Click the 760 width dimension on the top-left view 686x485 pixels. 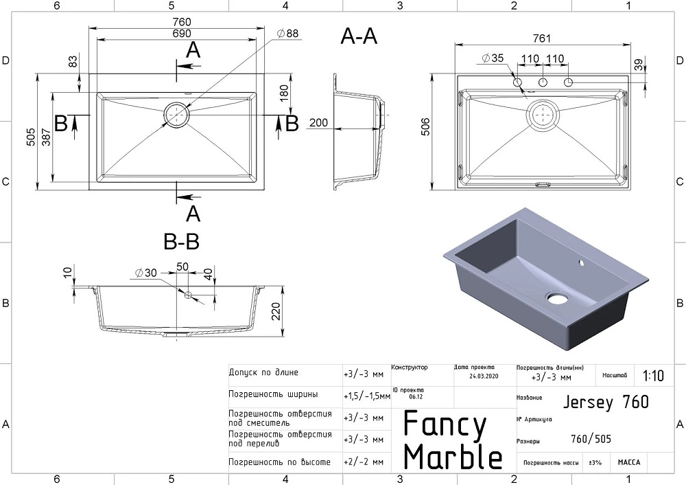click(177, 21)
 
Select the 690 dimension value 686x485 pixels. click(177, 33)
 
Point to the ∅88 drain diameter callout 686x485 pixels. click(287, 33)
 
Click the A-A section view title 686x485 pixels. click(359, 37)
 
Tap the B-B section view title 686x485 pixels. click(182, 242)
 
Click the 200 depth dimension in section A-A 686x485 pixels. click(319, 122)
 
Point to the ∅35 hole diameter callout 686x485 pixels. click(493, 58)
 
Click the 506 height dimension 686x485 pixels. click(421, 131)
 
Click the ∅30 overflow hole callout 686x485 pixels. click(145, 273)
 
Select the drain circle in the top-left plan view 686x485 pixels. click(176, 115)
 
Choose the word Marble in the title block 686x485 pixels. click(453, 456)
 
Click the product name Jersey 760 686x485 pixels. click(605, 402)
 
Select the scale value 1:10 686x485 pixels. click(653, 376)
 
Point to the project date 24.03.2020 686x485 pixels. click(484, 376)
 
